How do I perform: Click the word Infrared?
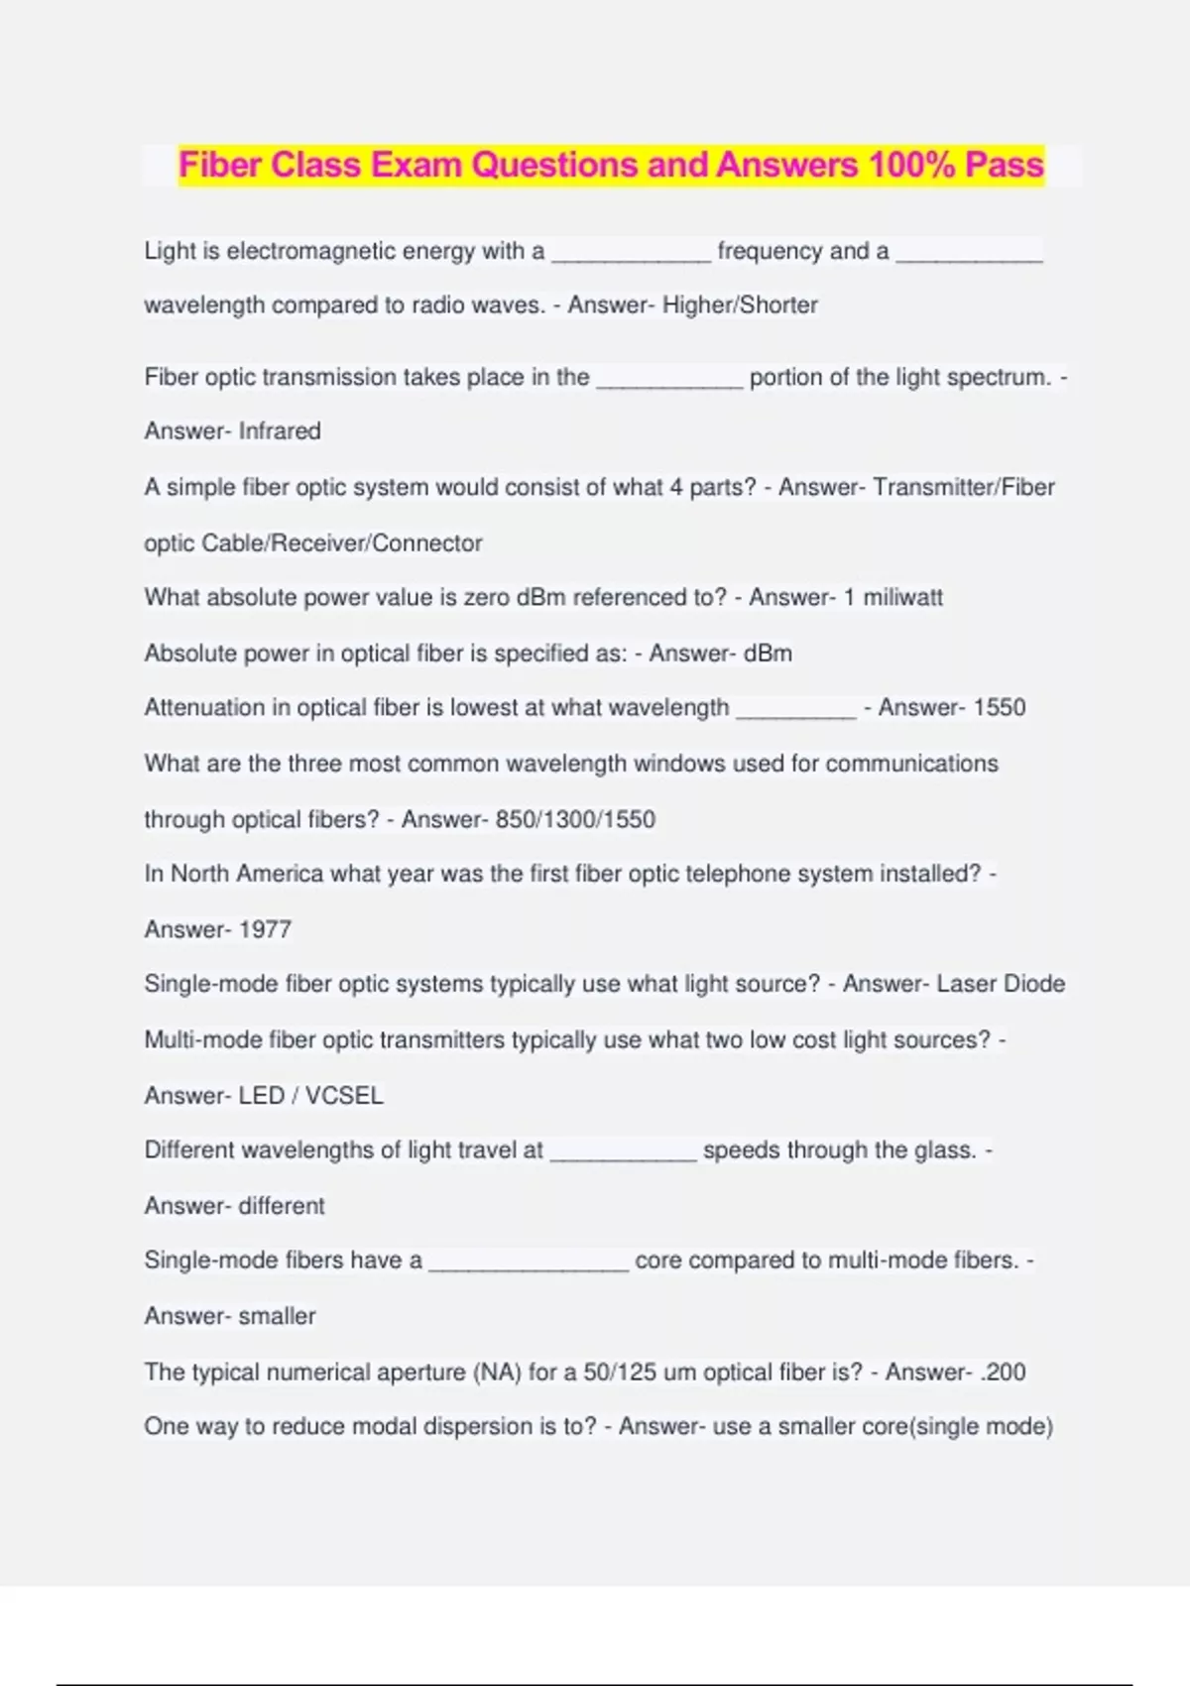[280, 431]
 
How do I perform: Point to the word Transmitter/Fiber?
[964, 488]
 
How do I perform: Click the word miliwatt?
[902, 598]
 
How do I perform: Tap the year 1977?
[265, 930]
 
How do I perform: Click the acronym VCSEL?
[343, 1096]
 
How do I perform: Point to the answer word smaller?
[277, 1317]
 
